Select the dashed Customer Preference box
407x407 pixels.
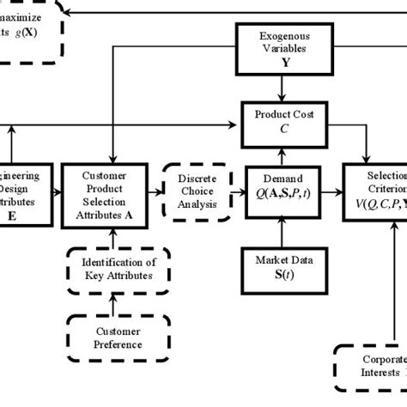tap(112, 337)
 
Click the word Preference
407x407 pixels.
tap(112, 344)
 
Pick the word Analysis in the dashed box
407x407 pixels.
tap(198, 204)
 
